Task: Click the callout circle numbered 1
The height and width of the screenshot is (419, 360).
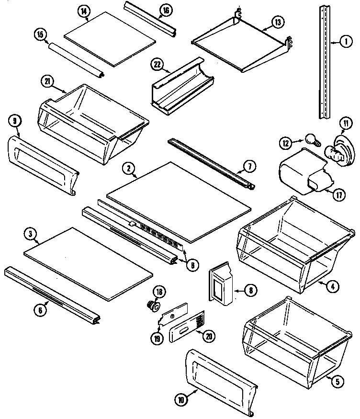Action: [344, 42]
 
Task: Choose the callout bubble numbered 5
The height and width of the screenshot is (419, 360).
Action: [337, 382]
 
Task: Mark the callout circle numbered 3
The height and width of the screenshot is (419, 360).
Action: [30, 234]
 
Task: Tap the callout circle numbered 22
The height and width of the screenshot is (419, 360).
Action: [157, 65]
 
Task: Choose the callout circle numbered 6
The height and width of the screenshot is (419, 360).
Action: [41, 310]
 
